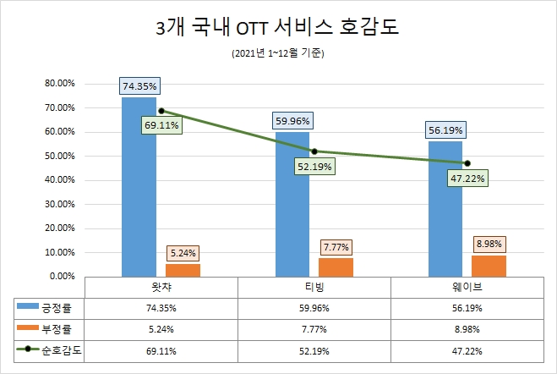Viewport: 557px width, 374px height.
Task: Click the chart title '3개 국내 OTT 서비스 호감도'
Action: [277, 28]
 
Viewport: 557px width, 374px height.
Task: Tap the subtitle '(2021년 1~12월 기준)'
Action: [277, 54]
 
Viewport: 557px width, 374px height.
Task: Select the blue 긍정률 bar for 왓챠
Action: [139, 186]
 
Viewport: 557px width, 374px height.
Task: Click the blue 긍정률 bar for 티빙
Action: [292, 204]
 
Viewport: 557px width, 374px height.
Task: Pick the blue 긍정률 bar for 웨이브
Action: [445, 208]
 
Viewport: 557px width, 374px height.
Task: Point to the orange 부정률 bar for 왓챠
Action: [183, 270]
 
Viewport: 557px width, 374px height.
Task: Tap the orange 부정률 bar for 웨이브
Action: [489, 266]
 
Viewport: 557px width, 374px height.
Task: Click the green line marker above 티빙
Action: [314, 151]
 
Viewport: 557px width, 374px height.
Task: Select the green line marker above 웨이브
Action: [467, 163]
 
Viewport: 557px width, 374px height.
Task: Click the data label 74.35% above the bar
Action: [139, 85]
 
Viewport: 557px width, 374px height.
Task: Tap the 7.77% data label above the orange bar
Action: [336, 247]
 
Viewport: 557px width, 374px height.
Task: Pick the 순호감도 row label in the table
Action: [52, 347]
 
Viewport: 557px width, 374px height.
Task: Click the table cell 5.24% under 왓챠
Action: [161, 327]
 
